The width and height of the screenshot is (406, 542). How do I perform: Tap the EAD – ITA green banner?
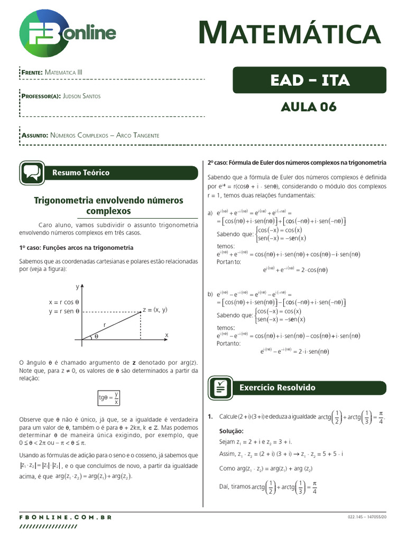[x=309, y=80]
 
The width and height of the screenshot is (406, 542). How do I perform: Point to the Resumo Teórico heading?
[x=81, y=173]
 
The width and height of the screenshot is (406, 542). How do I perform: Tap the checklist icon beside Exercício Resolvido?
[x=221, y=387]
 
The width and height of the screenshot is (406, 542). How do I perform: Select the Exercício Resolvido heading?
[x=277, y=387]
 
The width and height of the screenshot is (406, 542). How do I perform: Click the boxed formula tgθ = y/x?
[x=108, y=398]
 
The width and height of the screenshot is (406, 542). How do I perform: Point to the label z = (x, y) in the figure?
[x=154, y=310]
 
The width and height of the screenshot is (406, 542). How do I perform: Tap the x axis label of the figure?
[x=166, y=335]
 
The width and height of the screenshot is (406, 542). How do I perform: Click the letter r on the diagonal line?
[x=105, y=324]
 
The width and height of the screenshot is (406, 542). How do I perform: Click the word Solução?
[x=231, y=431]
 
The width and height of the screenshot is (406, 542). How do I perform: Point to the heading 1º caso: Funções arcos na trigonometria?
[x=76, y=247]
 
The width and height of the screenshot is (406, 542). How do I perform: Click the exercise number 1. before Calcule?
[x=210, y=417]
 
